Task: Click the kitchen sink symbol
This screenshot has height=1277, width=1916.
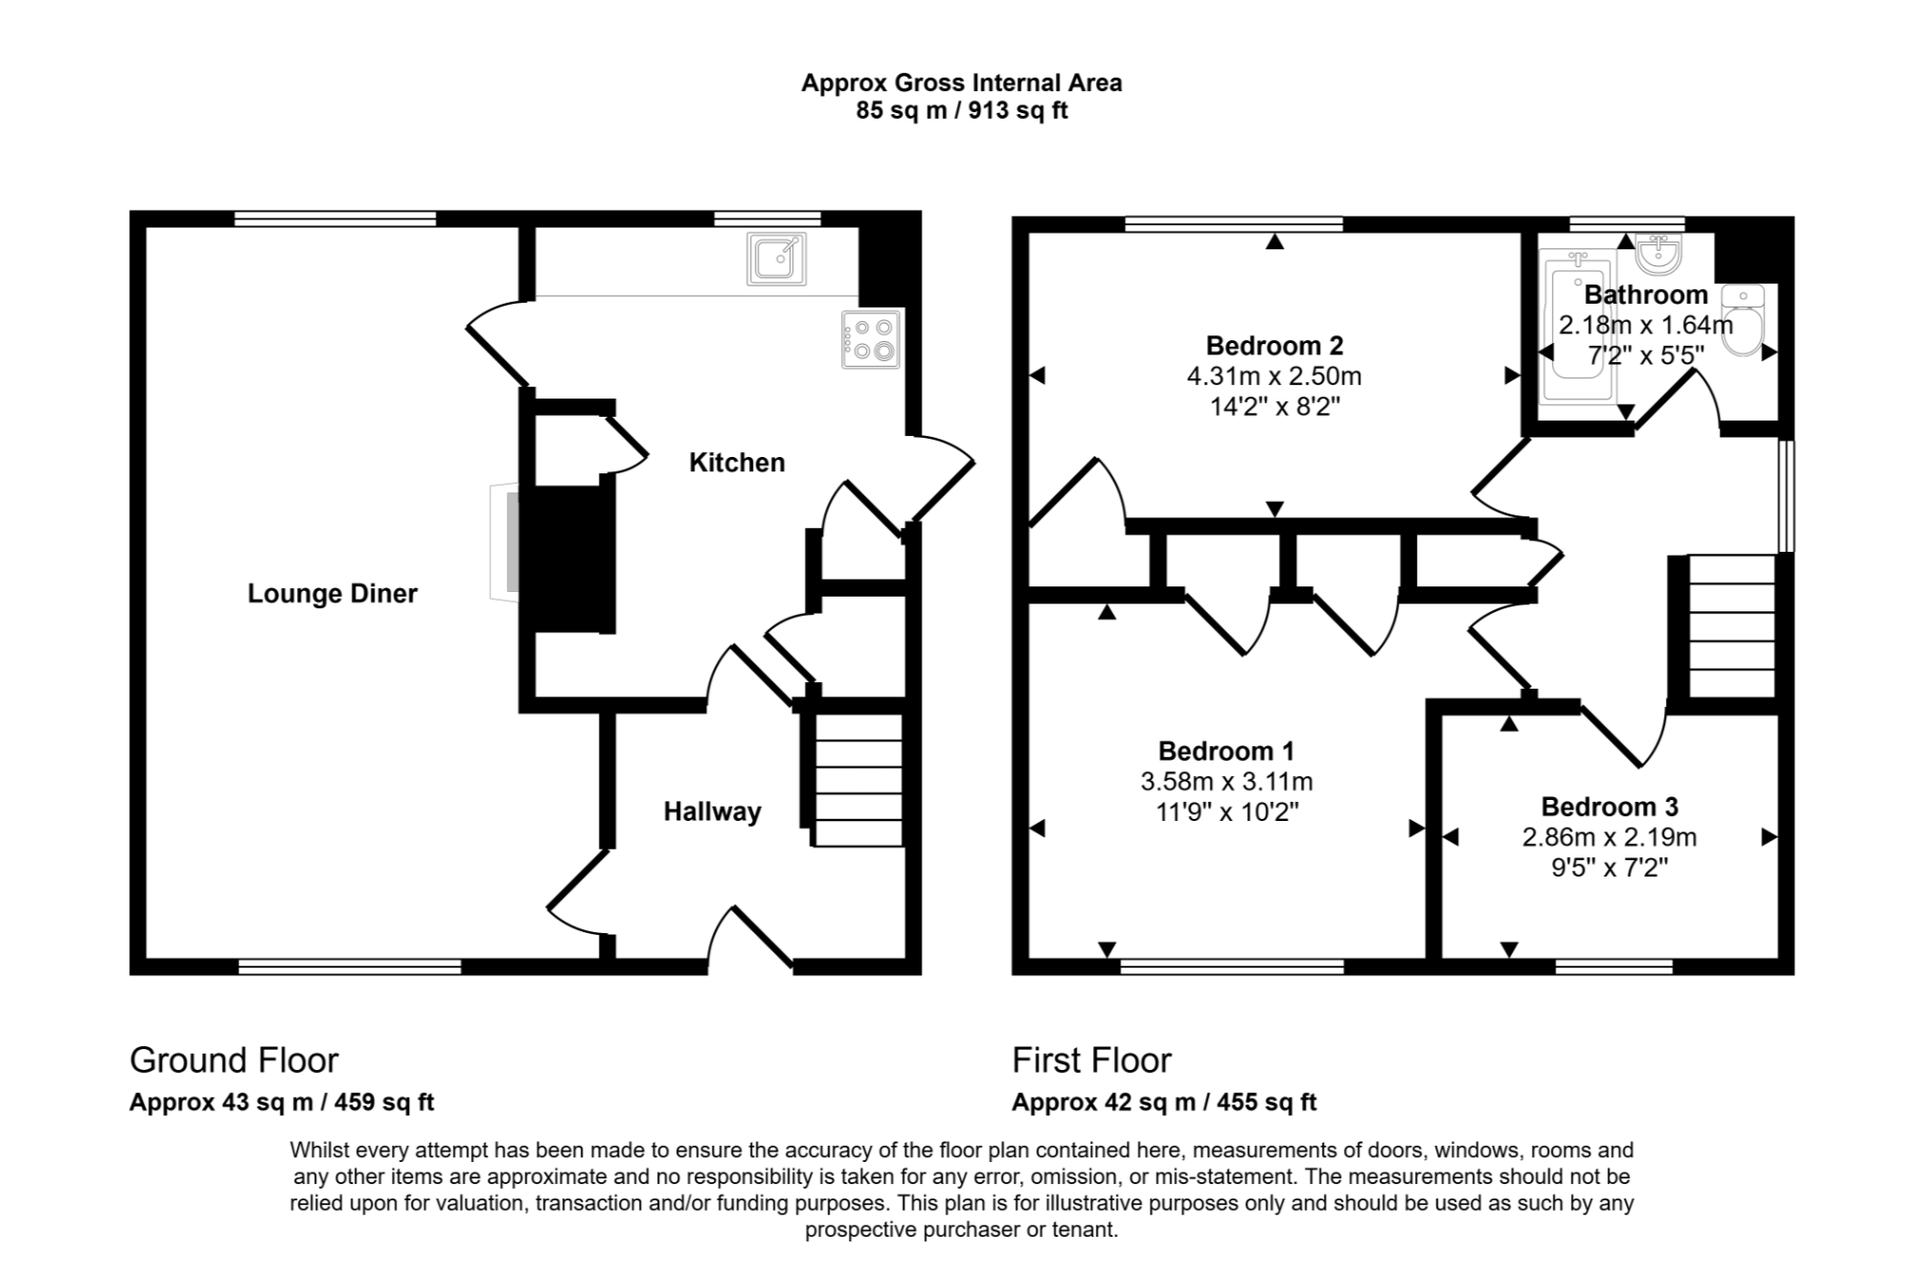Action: (x=776, y=258)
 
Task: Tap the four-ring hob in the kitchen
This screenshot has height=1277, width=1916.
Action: (x=871, y=339)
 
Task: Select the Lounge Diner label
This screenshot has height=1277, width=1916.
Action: (x=332, y=594)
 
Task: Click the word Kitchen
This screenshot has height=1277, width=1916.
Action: (x=737, y=463)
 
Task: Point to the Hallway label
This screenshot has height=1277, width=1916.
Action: (x=712, y=812)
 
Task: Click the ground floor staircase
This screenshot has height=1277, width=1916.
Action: (x=858, y=780)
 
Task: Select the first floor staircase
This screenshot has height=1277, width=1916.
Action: (x=1731, y=627)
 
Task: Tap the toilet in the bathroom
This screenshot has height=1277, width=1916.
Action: (x=1743, y=321)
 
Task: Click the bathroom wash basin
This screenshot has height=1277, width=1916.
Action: (x=1658, y=254)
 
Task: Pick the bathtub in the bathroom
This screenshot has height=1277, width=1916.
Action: (x=1576, y=326)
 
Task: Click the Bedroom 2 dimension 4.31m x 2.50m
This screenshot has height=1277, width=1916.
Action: (x=1273, y=376)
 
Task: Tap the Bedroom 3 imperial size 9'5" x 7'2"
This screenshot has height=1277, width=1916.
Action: (x=1608, y=868)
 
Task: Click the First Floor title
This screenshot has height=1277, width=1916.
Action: (x=1091, y=1060)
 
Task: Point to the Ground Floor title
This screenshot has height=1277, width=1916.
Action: (x=234, y=1060)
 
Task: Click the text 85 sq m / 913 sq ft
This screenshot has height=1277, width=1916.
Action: (x=961, y=111)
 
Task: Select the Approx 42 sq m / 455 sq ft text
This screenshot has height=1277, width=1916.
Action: (x=1164, y=1103)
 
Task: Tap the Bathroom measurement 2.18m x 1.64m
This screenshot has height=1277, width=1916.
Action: (x=1645, y=326)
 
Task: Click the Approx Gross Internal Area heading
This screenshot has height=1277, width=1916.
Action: (x=961, y=83)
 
